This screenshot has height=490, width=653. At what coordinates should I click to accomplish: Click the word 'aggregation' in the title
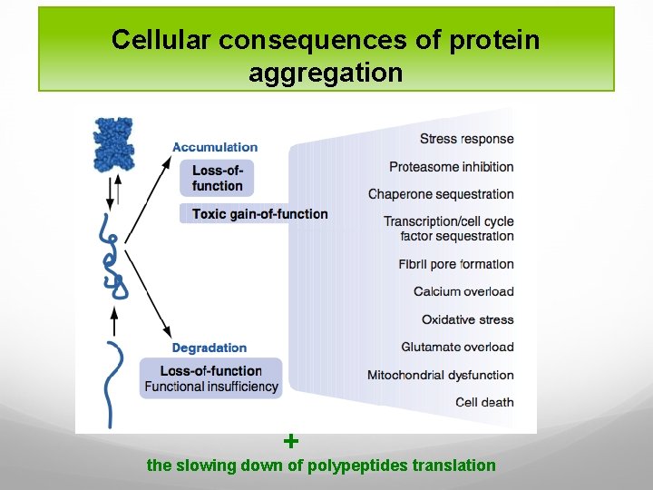[x=326, y=73]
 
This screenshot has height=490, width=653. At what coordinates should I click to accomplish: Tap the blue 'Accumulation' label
[x=215, y=147]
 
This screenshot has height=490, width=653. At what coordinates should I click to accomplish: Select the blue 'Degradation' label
[x=210, y=348]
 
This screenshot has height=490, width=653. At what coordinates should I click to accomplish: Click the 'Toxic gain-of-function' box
[x=259, y=214]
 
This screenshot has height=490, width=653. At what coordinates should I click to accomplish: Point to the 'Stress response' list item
[x=466, y=139]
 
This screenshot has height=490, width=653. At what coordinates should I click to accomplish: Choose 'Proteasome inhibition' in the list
[x=451, y=166]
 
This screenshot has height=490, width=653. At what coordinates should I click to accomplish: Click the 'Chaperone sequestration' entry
[x=441, y=194]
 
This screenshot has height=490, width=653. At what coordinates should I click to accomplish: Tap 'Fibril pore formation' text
[x=455, y=264]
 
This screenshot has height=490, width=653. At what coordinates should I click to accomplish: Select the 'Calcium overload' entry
[x=463, y=291]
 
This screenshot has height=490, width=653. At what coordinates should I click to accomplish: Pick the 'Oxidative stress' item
[x=467, y=319]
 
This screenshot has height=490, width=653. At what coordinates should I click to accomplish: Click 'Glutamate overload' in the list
[x=457, y=347]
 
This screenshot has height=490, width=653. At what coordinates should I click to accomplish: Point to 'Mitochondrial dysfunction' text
[x=440, y=375]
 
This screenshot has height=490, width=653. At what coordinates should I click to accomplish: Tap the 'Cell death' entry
[x=484, y=402]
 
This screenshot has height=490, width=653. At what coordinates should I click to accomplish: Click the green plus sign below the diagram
[x=290, y=442]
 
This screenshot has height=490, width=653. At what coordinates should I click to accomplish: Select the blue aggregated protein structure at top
[x=112, y=144]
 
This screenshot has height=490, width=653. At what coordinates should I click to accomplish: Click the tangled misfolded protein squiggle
[x=112, y=263]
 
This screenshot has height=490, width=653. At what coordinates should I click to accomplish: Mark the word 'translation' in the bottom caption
[x=453, y=465]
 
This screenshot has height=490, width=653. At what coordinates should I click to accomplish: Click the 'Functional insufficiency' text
[x=211, y=387]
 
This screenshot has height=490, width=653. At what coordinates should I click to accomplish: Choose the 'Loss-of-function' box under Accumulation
[x=218, y=178]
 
